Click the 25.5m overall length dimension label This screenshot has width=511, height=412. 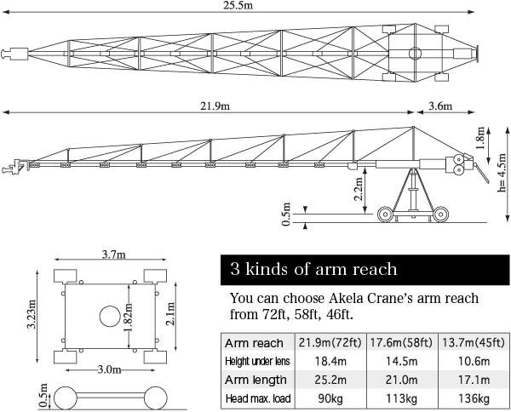pyautogui.click(x=238, y=6)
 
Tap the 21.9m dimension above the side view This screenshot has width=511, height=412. pyautogui.click(x=215, y=106)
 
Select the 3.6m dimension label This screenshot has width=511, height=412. pyautogui.click(x=440, y=106)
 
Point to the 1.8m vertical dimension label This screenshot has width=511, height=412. pyautogui.click(x=481, y=137)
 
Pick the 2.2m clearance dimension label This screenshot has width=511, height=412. pyautogui.click(x=359, y=190)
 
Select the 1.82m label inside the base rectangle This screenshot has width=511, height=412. pyautogui.click(x=129, y=317)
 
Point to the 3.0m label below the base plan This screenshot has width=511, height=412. pyautogui.click(x=110, y=369)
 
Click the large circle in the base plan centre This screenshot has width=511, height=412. pyautogui.click(x=110, y=316)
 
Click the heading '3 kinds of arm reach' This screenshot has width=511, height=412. pyautogui.click(x=313, y=269)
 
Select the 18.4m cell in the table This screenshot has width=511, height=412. pyautogui.click(x=330, y=361)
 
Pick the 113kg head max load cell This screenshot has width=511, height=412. pyautogui.click(x=402, y=398)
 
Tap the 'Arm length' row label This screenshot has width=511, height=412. pyautogui.click(x=255, y=380)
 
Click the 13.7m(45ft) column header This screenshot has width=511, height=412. pyautogui.click(x=474, y=343)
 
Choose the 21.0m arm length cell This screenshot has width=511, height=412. pyautogui.click(x=402, y=380)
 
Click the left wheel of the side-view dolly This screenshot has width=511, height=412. pyautogui.click(x=385, y=215)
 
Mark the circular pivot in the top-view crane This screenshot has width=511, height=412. pyautogui.click(x=415, y=54)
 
